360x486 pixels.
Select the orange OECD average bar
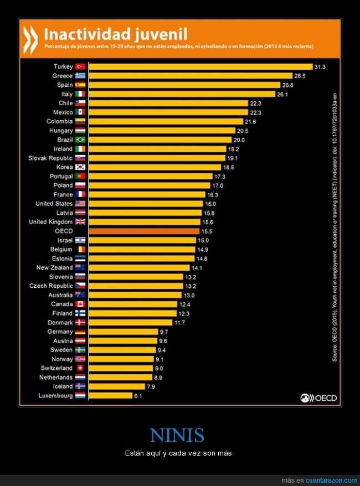pos(144,231)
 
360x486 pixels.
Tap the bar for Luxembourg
pos(111,396)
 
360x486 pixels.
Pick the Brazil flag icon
pos(80,139)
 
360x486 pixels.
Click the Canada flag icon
pos(80,304)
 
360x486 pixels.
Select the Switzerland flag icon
pos(80,368)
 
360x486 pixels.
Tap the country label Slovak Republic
pos(50,158)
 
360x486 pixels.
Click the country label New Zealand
pos(54,267)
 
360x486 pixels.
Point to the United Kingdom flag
pos(80,222)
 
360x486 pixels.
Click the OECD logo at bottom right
pos(318,397)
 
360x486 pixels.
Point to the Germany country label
pos(60,332)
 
